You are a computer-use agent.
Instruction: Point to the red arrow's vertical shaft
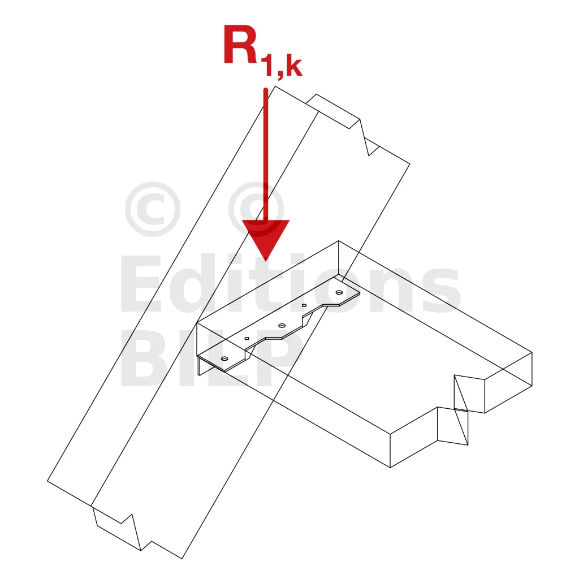click(266, 153)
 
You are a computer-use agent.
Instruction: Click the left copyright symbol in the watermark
click(152, 209)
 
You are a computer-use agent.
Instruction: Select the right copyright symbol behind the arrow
click(256, 209)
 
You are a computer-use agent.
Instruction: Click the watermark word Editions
click(288, 286)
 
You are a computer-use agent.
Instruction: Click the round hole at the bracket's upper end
click(339, 292)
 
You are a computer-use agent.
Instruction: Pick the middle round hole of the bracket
click(282, 325)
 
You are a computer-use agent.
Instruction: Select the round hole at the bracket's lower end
click(224, 358)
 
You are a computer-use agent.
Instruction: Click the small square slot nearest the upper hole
click(304, 305)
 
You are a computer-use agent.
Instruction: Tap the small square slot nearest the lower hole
click(247, 338)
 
